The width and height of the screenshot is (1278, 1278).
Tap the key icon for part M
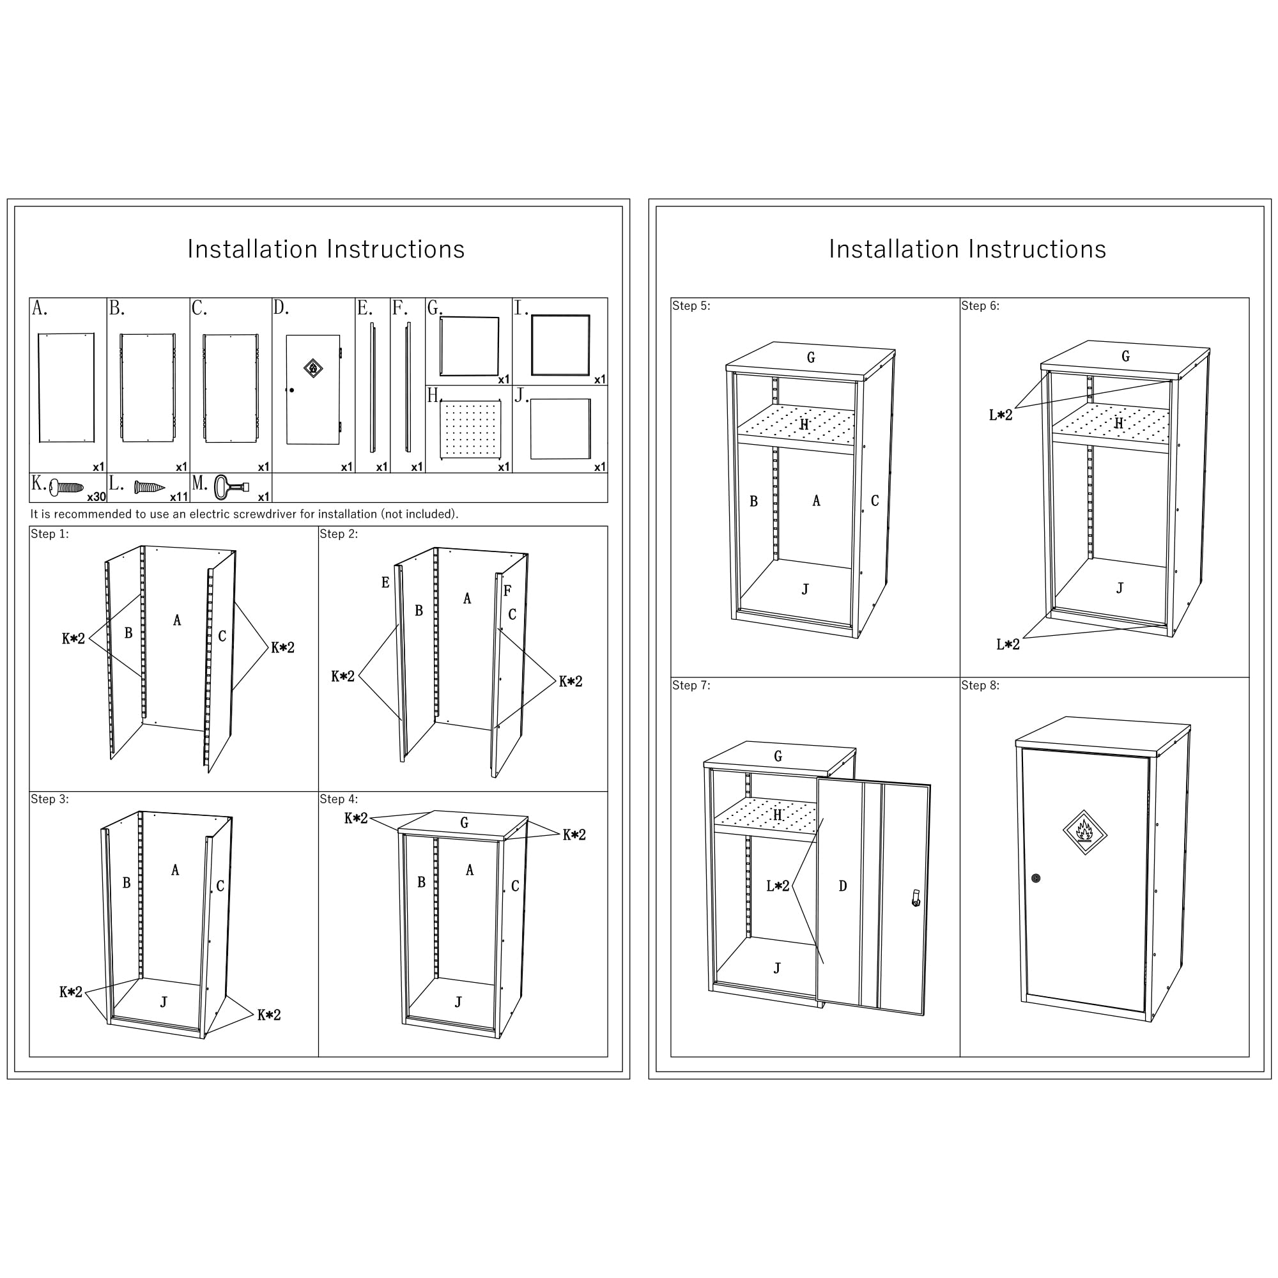[231, 488]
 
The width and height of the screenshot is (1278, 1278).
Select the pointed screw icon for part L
[150, 488]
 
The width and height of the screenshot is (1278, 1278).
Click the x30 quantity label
[96, 497]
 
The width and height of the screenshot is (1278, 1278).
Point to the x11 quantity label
[180, 497]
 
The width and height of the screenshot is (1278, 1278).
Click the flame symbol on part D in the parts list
[313, 368]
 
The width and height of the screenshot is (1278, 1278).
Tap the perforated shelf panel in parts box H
[470, 429]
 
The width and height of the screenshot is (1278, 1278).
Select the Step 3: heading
[50, 799]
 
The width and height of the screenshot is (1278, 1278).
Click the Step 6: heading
[980, 305]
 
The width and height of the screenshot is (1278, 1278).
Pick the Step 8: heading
[980, 685]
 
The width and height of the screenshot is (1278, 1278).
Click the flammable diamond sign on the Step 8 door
[1085, 831]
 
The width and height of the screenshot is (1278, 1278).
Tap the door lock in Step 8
[1036, 879]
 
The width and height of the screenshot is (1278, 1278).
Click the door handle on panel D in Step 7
[916, 898]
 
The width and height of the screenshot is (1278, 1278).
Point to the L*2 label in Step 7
[778, 886]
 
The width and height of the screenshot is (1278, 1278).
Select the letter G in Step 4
[465, 822]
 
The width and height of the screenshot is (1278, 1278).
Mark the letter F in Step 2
[507, 590]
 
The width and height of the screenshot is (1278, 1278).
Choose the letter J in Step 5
[805, 589]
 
